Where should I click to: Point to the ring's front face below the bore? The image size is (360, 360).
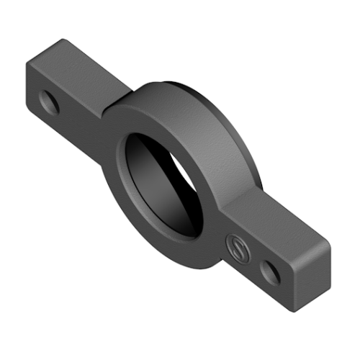tap(173, 248)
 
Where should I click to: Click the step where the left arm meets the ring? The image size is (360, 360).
tap(108, 108)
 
